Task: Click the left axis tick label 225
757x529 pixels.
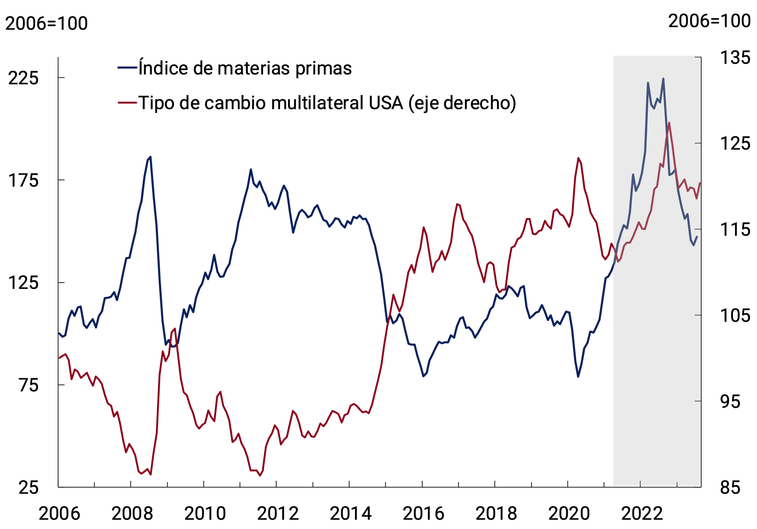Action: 23,78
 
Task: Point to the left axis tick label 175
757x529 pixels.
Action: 23,181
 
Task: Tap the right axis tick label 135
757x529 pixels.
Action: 735,58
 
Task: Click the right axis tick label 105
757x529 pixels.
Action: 735,316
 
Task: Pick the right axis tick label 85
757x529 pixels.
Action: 730,487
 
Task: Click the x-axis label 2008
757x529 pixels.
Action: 132,513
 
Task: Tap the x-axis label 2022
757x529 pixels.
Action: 642,513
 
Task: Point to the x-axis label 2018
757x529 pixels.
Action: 496,513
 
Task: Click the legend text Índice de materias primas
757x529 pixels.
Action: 245,68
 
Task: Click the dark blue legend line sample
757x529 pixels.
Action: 127,68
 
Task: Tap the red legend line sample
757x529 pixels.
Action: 127,102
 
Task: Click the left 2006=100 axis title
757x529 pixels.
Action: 46,23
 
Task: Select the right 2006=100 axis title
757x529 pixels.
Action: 709,21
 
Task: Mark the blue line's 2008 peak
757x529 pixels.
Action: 151,157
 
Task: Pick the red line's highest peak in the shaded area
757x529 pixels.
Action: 669,123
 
